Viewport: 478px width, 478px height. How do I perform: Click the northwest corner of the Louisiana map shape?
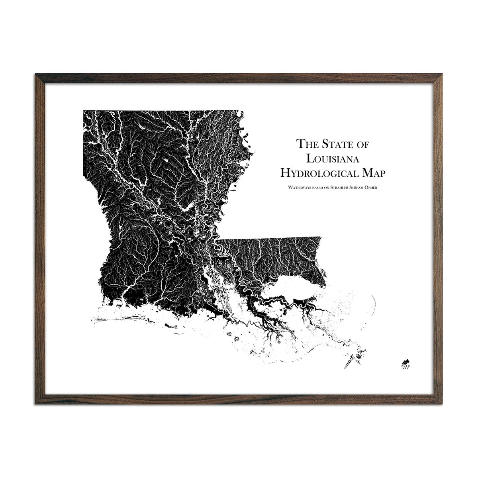tap(84, 111)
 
